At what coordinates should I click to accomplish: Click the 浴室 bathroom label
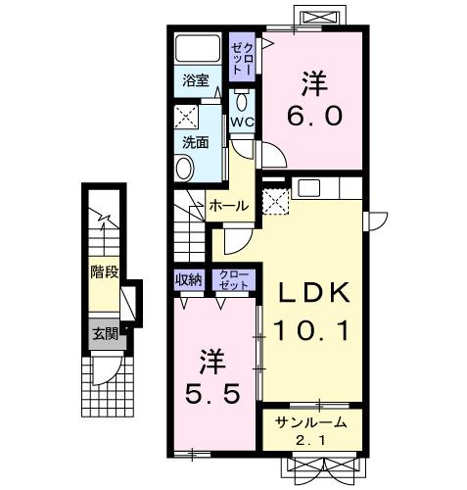pos(194,81)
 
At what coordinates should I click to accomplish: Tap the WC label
pos(242,121)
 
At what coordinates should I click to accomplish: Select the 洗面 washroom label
pos(195,142)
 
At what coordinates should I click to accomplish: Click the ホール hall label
pos(228,206)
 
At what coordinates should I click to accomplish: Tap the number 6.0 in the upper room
pos(313,116)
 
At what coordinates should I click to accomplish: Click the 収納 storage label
pos(189,279)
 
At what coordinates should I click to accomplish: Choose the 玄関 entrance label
pos(105,332)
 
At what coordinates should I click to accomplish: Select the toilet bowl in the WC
pos(241,101)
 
